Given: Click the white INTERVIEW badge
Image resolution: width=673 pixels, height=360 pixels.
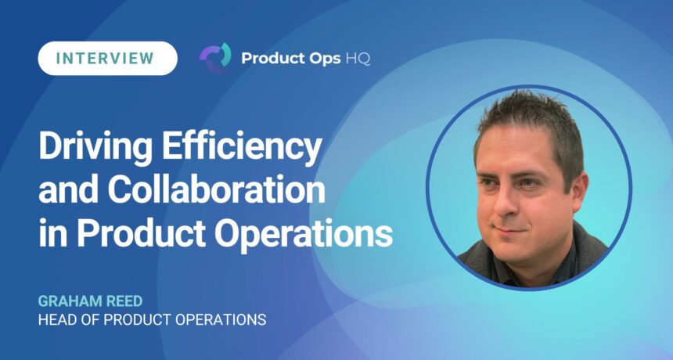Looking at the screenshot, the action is pyautogui.click(x=107, y=59).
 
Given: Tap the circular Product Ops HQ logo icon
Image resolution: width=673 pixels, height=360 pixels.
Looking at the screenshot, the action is pyautogui.click(x=215, y=57).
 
